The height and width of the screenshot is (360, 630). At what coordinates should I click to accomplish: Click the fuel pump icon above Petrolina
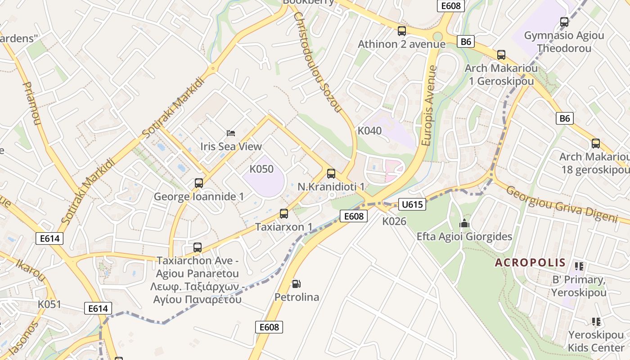296,284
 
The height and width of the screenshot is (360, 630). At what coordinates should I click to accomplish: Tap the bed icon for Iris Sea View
230,133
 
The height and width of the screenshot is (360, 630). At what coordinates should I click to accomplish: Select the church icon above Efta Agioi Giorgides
464,223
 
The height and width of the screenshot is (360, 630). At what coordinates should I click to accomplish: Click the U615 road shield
411,205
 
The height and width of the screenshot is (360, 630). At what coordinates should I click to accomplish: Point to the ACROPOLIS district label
530,263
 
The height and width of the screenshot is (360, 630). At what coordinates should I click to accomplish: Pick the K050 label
261,169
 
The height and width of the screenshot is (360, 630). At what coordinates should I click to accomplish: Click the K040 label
369,131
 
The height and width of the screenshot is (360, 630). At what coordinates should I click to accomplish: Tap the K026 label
394,221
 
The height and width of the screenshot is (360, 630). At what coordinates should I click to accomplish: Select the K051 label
49,304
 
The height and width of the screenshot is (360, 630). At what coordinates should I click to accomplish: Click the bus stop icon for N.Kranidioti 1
331,173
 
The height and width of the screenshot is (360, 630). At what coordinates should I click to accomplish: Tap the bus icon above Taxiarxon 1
283,213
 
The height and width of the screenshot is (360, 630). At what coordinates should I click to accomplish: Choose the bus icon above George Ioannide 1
198,183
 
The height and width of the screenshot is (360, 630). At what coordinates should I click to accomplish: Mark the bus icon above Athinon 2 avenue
401,31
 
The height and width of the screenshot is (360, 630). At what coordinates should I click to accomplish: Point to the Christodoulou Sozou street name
318,62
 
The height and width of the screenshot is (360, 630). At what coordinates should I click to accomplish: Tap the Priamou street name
32,103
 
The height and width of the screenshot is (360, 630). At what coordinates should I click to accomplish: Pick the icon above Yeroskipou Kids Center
596,321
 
